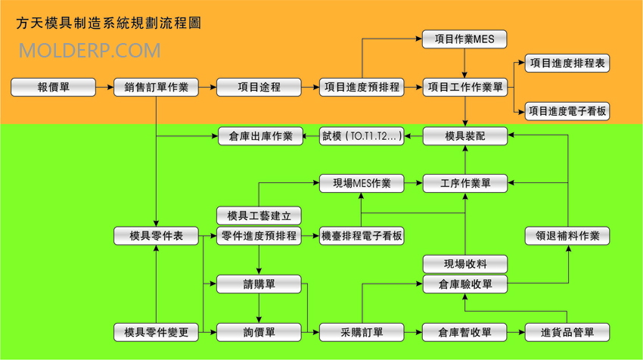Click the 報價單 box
pyautogui.click(x=54, y=87)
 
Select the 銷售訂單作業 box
pyautogui.click(x=157, y=87)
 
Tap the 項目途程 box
pyautogui.click(x=259, y=87)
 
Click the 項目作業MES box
pyautogui.click(x=464, y=39)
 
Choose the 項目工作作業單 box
pyautogui.click(x=464, y=87)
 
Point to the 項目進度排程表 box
pyautogui.click(x=567, y=64)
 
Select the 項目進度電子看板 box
pyautogui.click(x=567, y=111)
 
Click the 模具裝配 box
pyautogui.click(x=464, y=136)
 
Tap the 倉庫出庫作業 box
pyautogui.click(x=259, y=136)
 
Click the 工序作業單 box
pyautogui.click(x=464, y=183)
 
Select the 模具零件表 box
pyautogui.click(x=157, y=236)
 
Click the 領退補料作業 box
pyautogui.click(x=567, y=236)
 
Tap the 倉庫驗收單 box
pyautogui.click(x=464, y=284)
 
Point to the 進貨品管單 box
pyautogui.click(x=567, y=332)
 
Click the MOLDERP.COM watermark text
pyautogui.click(x=89, y=51)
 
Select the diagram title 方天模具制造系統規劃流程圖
pyautogui.click(x=109, y=23)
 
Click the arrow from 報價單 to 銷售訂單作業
pyautogui.click(x=105, y=87)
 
